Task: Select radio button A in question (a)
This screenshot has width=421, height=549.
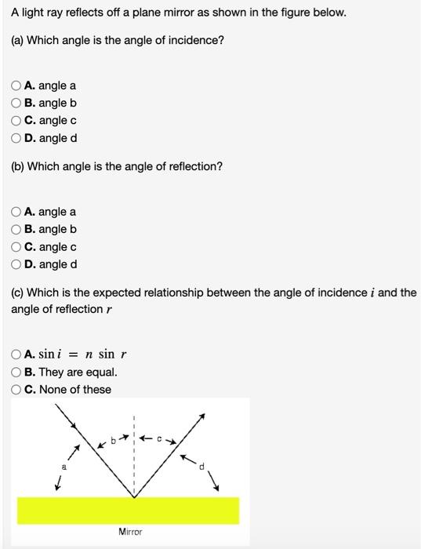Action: coord(16,85)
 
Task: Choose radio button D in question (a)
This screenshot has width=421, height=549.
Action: coord(16,138)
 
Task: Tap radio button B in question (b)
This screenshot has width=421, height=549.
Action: coord(16,230)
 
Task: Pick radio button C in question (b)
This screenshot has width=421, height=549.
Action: coord(16,247)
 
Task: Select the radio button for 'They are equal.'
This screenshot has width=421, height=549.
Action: coord(16,373)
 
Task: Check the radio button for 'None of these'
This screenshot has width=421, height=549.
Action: coord(16,390)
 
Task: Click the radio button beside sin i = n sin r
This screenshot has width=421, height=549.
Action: coord(16,354)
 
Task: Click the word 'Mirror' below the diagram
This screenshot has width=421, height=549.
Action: coord(130,532)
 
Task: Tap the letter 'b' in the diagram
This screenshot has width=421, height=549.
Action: coord(113,442)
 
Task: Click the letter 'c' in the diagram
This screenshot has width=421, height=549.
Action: coord(158,439)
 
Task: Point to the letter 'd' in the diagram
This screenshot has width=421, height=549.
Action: coord(201,467)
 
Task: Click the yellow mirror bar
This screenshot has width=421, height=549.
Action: coord(128,510)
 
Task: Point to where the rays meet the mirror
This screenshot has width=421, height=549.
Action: coord(134,496)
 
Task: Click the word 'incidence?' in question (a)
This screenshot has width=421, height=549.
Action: coord(197,39)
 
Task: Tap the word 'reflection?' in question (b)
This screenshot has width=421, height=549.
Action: coord(195,166)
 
